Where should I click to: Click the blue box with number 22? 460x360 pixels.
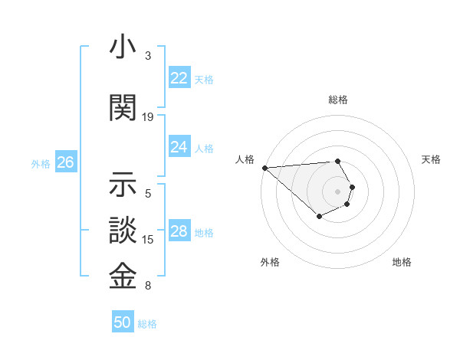click(179, 78)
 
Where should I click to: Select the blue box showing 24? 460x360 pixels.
click(179, 147)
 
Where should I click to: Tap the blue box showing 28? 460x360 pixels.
click(179, 231)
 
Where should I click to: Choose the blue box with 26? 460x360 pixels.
click(66, 162)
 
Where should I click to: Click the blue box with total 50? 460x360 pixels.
click(123, 322)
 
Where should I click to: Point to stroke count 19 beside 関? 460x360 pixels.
click(148, 116)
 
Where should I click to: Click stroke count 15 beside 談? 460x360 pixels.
click(148, 239)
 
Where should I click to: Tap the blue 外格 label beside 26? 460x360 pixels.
click(41, 163)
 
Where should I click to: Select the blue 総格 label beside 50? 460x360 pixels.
click(147, 323)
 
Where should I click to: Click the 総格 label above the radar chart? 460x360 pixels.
click(338, 100)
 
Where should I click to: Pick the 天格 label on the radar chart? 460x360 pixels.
click(432, 159)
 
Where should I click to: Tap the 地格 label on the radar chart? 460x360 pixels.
click(402, 262)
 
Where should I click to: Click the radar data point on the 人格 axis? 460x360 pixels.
click(264, 168)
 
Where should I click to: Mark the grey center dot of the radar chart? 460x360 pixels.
click(337, 191)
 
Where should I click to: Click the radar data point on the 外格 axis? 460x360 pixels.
click(319, 217)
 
